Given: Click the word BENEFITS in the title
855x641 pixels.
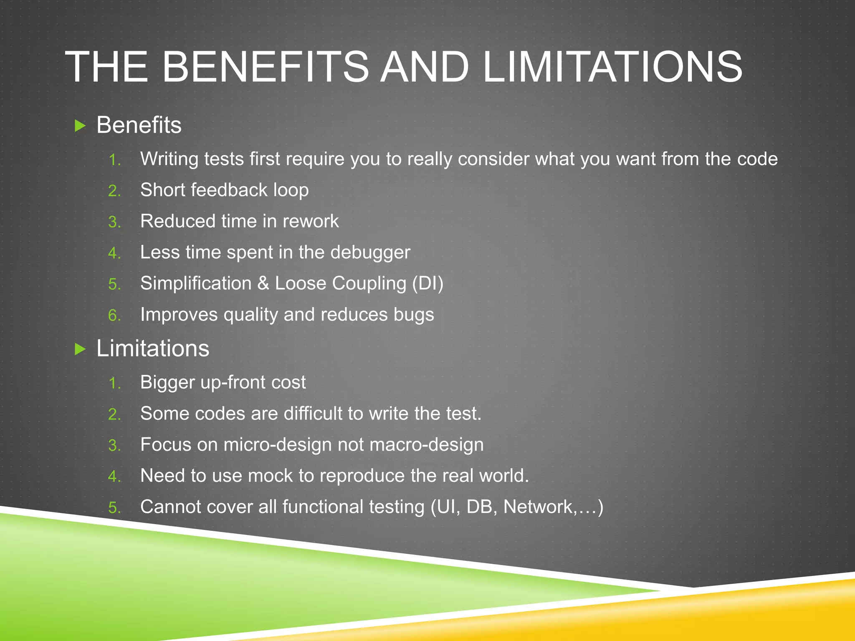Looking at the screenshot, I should coord(266,67).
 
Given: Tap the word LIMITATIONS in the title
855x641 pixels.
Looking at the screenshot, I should coord(612,67).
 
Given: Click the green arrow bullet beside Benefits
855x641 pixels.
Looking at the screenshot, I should coord(80,125).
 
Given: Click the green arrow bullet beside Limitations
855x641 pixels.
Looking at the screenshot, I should coord(80,348).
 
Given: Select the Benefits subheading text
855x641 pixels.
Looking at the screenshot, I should coord(139,125).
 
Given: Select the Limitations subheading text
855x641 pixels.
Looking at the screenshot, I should coord(153,348).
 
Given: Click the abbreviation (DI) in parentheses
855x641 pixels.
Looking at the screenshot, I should coord(427,283).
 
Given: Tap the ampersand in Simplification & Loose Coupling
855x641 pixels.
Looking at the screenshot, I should coord(263,283).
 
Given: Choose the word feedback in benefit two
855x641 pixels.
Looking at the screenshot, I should coord(229,190).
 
